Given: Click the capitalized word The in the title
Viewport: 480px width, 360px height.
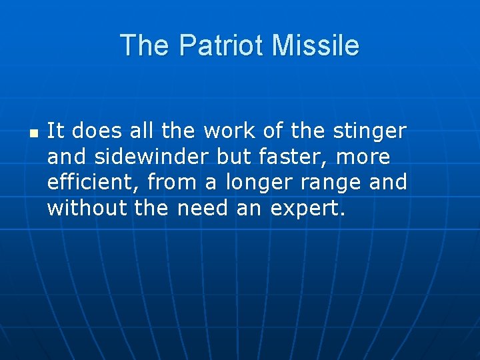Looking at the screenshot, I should [146, 46].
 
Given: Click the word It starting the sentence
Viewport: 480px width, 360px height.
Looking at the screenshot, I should [55, 131].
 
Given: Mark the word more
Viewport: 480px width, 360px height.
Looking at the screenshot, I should [366, 157].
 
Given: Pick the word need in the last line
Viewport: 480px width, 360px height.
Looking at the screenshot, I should [203, 207].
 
